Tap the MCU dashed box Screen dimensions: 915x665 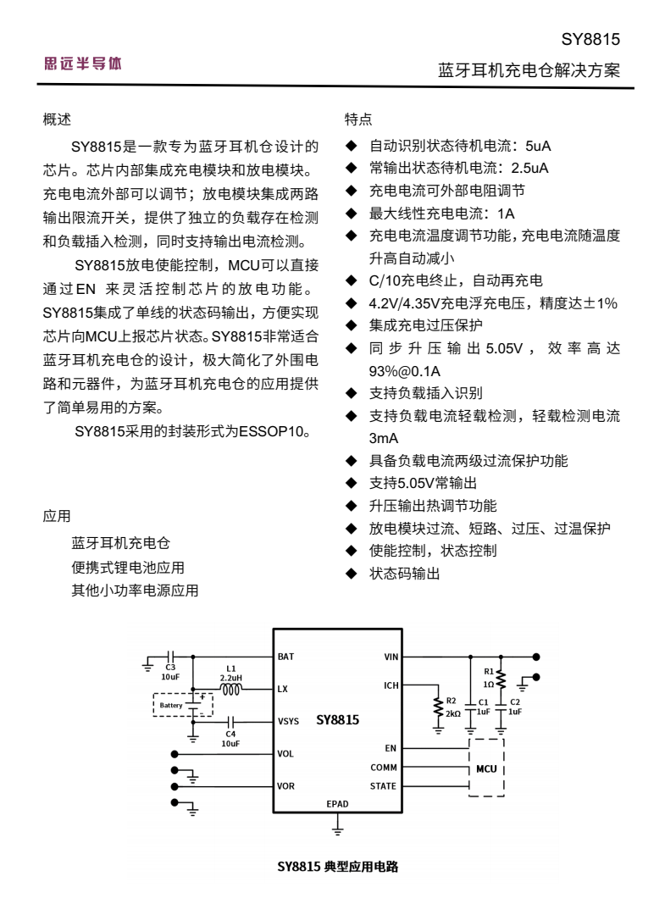pos(487,769)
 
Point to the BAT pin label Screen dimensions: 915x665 pos(285,657)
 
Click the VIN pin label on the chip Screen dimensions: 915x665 pos(391,657)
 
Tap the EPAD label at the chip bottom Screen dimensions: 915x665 pos(337,802)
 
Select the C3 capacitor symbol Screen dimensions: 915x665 pos(170,657)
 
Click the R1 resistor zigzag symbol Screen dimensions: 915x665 pos(502,680)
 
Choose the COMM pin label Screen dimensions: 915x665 pos(384,768)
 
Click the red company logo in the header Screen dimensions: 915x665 pos(81,63)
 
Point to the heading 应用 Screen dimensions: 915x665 pos(58,515)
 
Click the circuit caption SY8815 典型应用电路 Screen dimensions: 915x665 pos(338,867)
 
